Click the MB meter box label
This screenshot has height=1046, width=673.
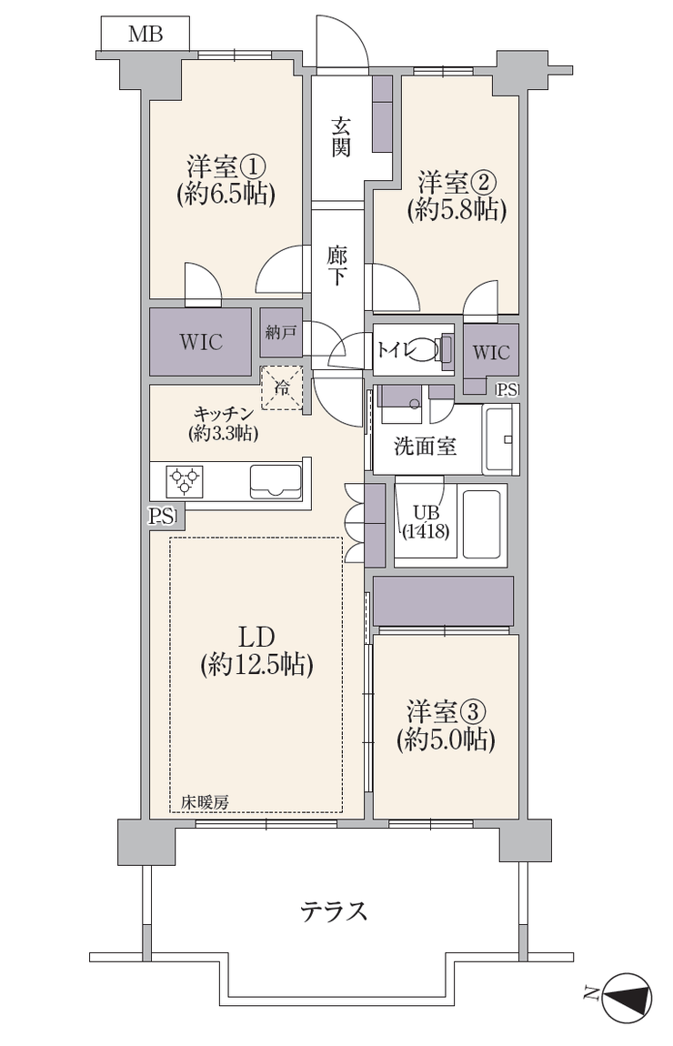pos(146,34)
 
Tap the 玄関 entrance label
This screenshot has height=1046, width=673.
pos(341,137)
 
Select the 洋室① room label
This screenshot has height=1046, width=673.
pos(226,166)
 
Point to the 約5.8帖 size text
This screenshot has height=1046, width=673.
pos(457,210)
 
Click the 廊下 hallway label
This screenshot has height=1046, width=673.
pos(336,267)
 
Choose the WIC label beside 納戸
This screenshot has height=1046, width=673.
pos(201,342)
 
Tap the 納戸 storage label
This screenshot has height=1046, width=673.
pos(281,332)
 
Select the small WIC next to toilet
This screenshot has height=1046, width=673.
pos(491,352)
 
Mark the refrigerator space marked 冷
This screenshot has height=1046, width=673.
pos(281,387)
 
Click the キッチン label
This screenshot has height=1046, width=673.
pos(223,414)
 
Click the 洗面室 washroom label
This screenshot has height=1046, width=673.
pos(425,447)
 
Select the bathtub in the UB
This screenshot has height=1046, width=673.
pos(482,525)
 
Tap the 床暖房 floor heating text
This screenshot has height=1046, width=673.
pos(206,803)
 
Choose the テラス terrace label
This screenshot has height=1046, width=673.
pos(334,910)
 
